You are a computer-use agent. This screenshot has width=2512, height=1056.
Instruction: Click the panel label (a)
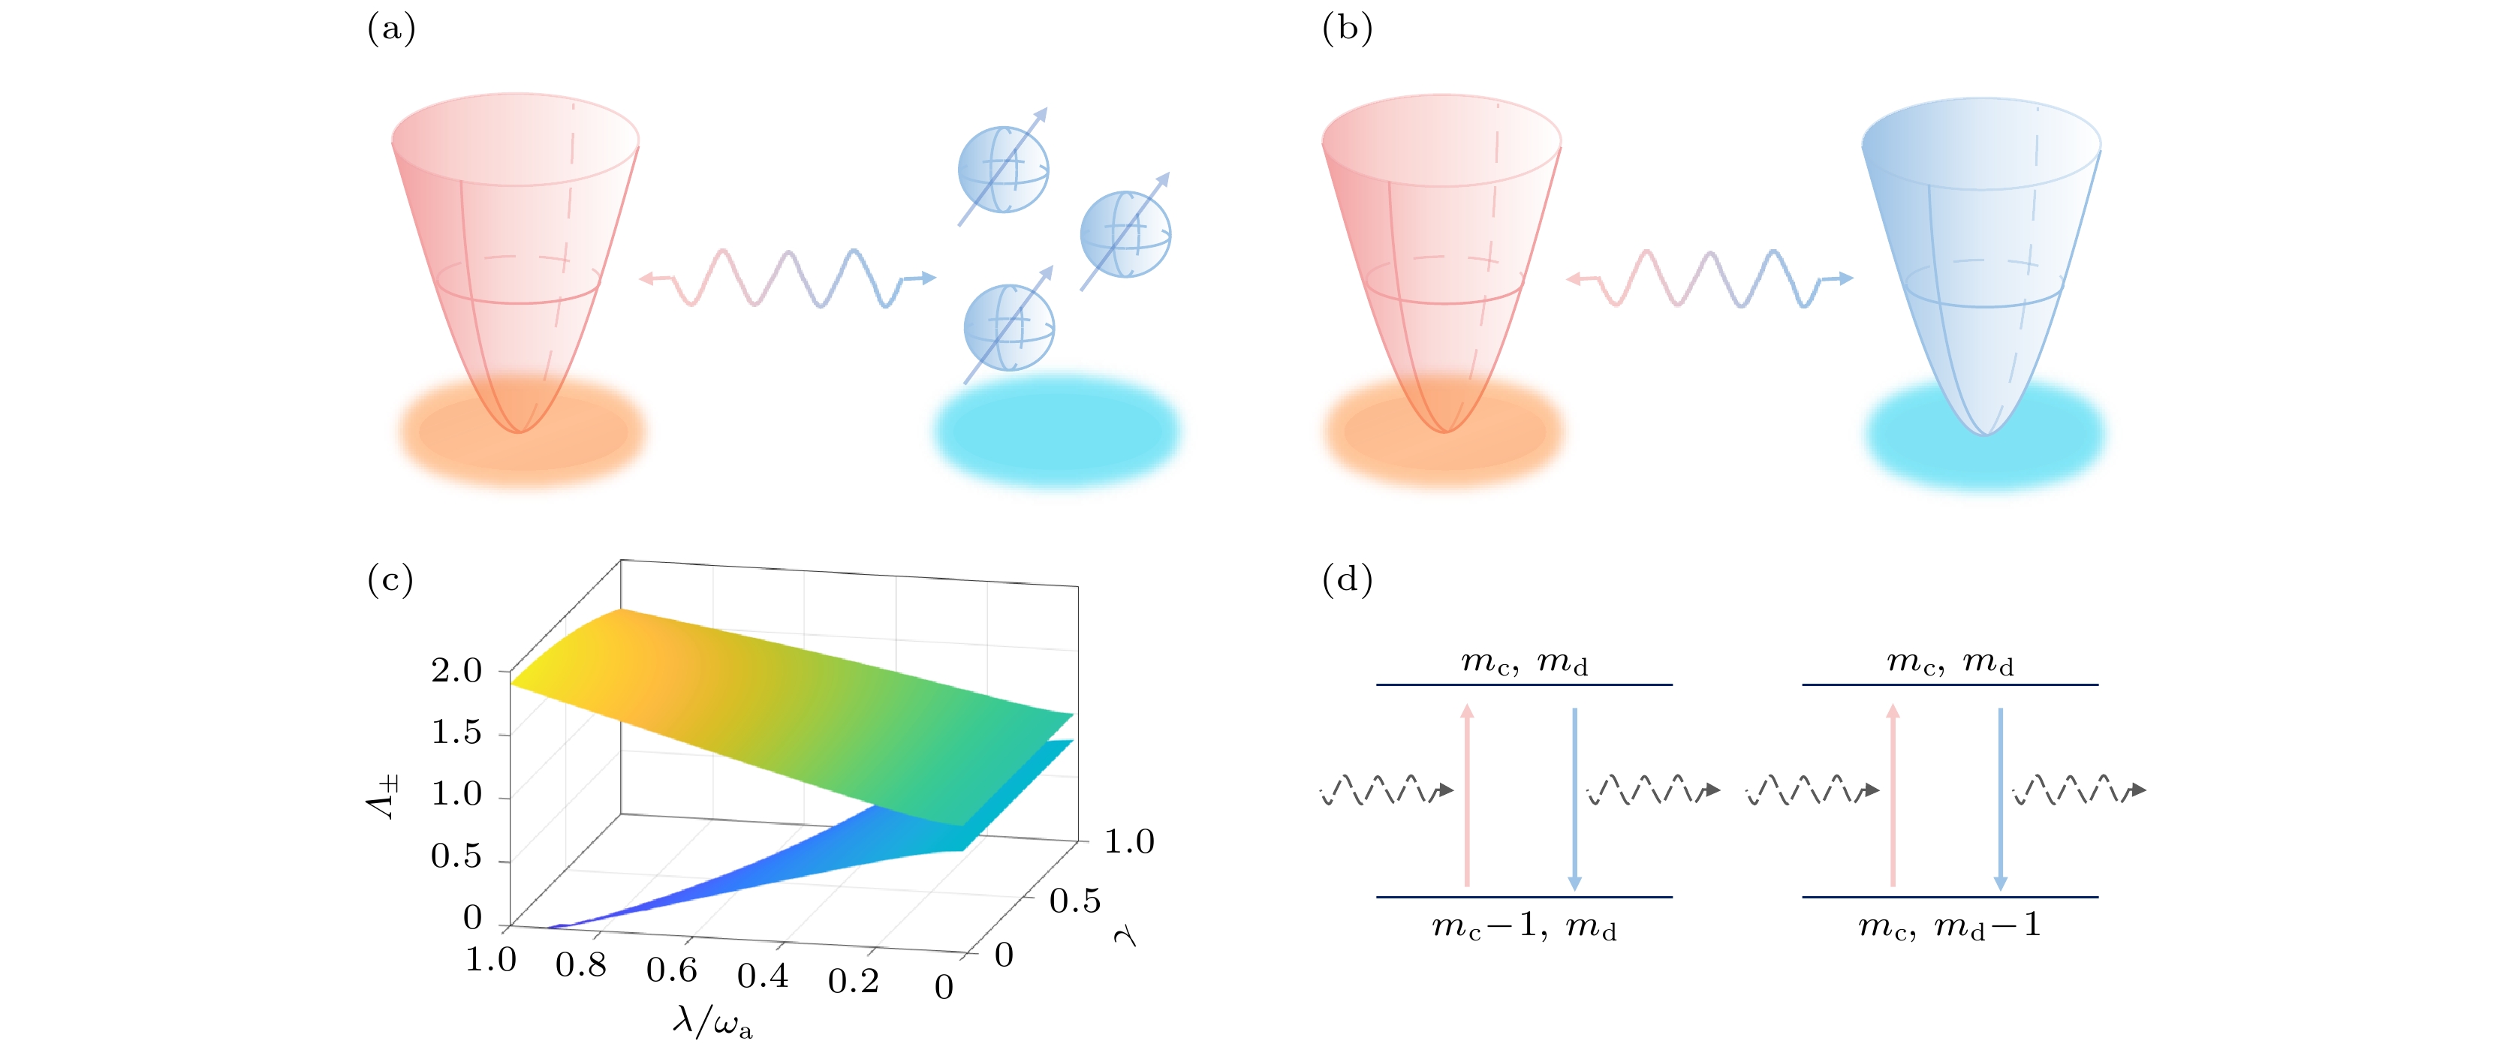(x=391, y=29)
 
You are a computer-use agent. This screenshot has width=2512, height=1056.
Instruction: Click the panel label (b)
(x=1347, y=29)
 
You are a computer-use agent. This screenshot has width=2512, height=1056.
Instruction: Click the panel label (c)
(x=390, y=580)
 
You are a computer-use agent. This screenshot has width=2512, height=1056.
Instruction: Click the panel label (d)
(x=1347, y=580)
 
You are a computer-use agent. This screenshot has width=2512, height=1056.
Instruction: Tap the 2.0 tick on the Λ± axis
(x=456, y=672)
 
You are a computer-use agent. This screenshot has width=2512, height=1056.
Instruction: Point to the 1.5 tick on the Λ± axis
(x=456, y=733)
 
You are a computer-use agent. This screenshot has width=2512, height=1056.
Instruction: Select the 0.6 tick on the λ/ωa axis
(x=672, y=970)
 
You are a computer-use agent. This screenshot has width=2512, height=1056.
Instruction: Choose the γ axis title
(x=1125, y=936)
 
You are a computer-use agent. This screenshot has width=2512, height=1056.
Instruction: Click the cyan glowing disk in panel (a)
(x=1058, y=430)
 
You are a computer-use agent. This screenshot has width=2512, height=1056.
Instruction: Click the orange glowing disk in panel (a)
(x=522, y=430)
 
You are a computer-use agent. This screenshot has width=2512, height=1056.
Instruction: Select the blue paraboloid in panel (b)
(x=1981, y=254)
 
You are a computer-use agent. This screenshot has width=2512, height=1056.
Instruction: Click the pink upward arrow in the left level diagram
(x=1467, y=795)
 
